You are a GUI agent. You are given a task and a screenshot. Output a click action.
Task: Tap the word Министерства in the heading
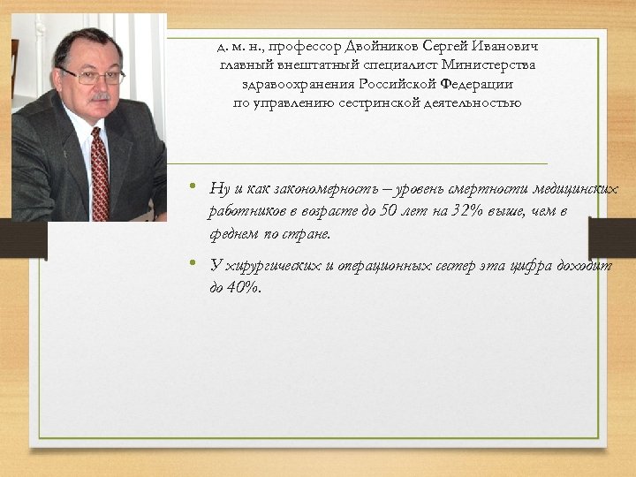pos(493,64)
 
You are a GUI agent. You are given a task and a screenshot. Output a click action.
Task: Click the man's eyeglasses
pos(91,76)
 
